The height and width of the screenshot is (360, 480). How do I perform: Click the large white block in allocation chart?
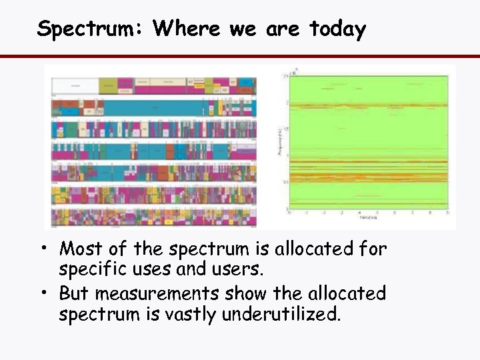click(x=74, y=85)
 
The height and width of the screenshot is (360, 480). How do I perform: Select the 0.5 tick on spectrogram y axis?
click(x=285, y=182)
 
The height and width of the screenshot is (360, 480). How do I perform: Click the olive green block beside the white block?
click(x=107, y=85)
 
